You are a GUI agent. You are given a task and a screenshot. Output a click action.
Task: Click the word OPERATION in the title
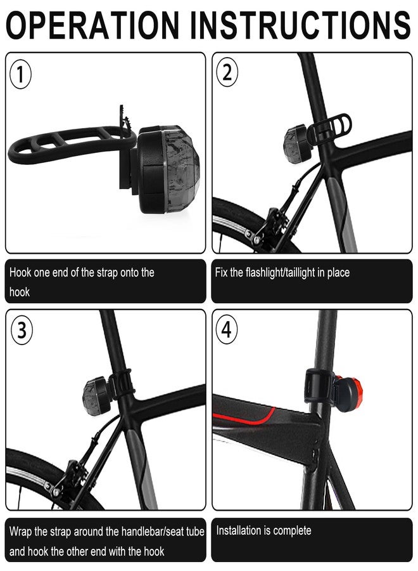92,25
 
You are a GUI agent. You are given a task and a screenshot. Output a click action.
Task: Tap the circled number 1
20,74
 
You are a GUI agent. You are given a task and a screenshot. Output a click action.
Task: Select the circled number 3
22,331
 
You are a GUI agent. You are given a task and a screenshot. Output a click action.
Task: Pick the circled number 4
227,330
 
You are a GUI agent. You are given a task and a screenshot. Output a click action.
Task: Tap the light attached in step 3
97,397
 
